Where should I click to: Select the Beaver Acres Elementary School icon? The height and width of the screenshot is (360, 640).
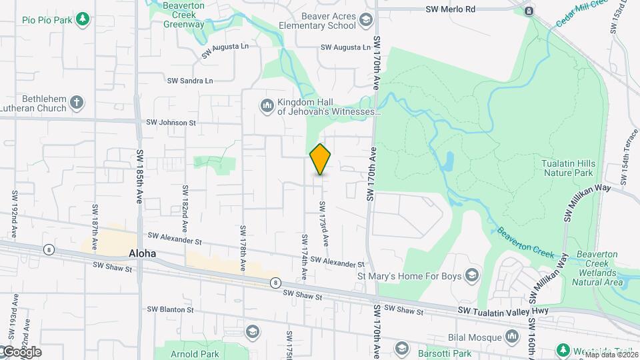point(365,21)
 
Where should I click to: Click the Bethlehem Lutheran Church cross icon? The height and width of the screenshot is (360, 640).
point(77,103)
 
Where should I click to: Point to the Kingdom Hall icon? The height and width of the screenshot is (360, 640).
point(267,106)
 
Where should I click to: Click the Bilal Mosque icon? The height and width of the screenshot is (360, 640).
point(511,338)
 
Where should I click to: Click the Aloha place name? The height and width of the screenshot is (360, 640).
point(142,253)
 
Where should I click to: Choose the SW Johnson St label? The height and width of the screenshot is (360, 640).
point(171,123)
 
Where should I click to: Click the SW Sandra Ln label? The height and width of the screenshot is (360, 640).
point(190,81)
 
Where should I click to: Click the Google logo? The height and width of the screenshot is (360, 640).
point(21,352)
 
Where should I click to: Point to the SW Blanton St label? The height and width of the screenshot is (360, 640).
point(170,309)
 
